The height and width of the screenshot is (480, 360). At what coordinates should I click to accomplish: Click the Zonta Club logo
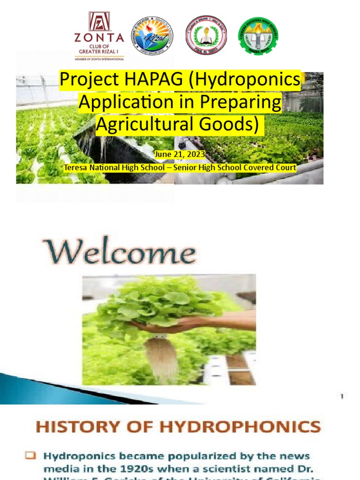coord(99,36)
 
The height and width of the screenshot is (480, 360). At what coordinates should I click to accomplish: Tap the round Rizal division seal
coord(151,36)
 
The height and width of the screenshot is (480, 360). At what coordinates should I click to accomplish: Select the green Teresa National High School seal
coord(258,36)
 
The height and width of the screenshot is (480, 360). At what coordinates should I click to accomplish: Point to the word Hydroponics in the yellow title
coord(248,81)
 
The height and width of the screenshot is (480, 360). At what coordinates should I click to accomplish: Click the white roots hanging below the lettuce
coord(160,358)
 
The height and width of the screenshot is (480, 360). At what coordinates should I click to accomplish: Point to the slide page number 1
coord(342,397)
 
